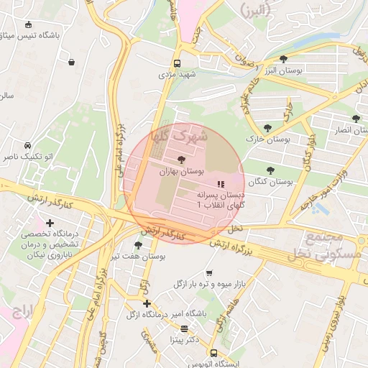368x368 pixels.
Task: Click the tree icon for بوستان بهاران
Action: (180, 160)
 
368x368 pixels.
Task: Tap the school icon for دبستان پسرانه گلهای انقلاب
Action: (221, 185)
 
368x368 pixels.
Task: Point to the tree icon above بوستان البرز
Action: (283, 59)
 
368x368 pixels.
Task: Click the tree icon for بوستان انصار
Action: (356, 119)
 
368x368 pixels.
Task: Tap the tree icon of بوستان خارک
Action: (268, 128)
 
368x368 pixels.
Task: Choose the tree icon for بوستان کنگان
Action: (270, 170)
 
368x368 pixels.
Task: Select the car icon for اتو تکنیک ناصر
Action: (27, 144)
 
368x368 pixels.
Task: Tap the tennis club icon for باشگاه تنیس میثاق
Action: (27, 24)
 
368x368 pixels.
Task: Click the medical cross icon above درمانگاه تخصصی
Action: (49, 224)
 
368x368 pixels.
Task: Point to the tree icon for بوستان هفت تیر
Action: (138, 245)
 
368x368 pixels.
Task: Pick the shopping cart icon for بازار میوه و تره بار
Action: (209, 273)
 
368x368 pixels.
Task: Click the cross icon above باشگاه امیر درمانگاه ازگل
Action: (147, 304)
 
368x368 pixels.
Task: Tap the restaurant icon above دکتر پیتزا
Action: (185, 328)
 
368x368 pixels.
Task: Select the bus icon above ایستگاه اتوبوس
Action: (213, 353)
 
